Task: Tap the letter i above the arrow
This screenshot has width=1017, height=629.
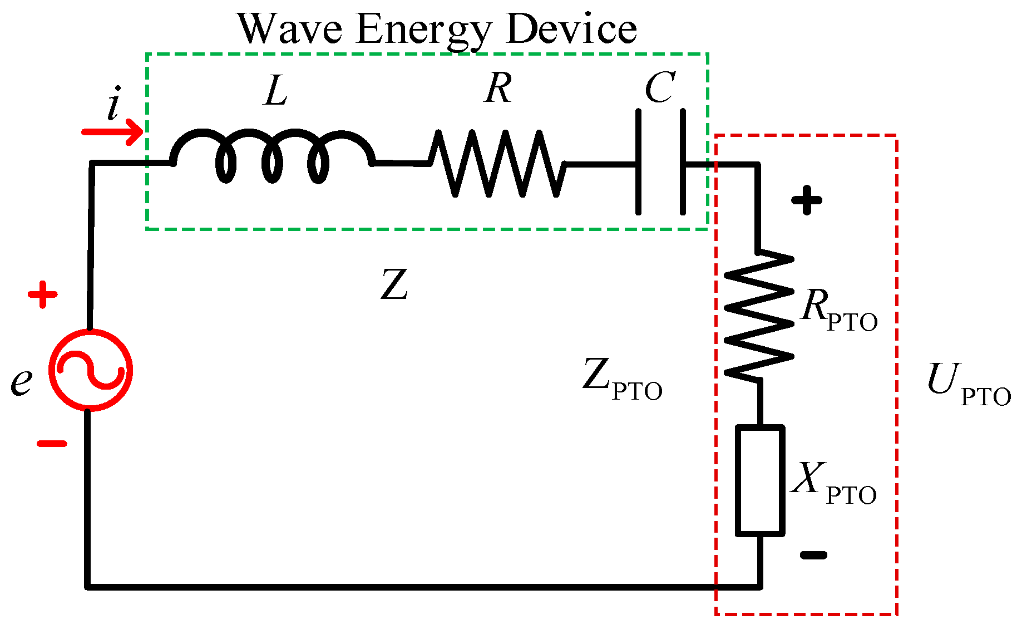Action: [113, 106]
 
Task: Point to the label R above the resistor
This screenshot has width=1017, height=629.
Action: [498, 88]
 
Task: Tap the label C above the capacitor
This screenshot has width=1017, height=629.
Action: [660, 88]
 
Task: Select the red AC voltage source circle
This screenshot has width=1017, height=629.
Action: [90, 370]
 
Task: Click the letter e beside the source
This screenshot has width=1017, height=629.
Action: [21, 382]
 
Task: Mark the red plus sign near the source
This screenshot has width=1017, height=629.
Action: [43, 294]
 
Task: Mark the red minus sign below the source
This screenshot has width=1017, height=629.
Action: [52, 444]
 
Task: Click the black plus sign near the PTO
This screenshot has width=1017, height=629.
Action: [807, 200]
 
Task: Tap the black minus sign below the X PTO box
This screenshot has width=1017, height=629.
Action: [813, 554]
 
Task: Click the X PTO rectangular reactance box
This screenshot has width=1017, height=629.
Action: [760, 480]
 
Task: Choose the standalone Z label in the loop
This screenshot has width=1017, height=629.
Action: [394, 285]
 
